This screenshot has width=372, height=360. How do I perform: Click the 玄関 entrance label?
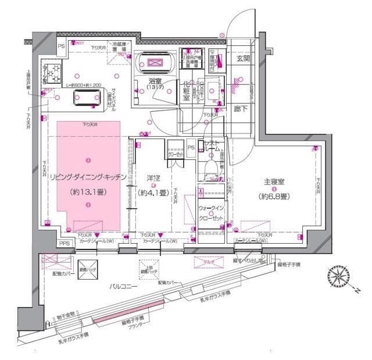(241, 58)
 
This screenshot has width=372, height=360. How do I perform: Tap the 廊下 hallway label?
(241, 108)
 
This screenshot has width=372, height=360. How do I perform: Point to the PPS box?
(65, 244)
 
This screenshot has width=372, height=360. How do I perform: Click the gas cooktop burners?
(54, 71)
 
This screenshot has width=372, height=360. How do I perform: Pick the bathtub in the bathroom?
(155, 62)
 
